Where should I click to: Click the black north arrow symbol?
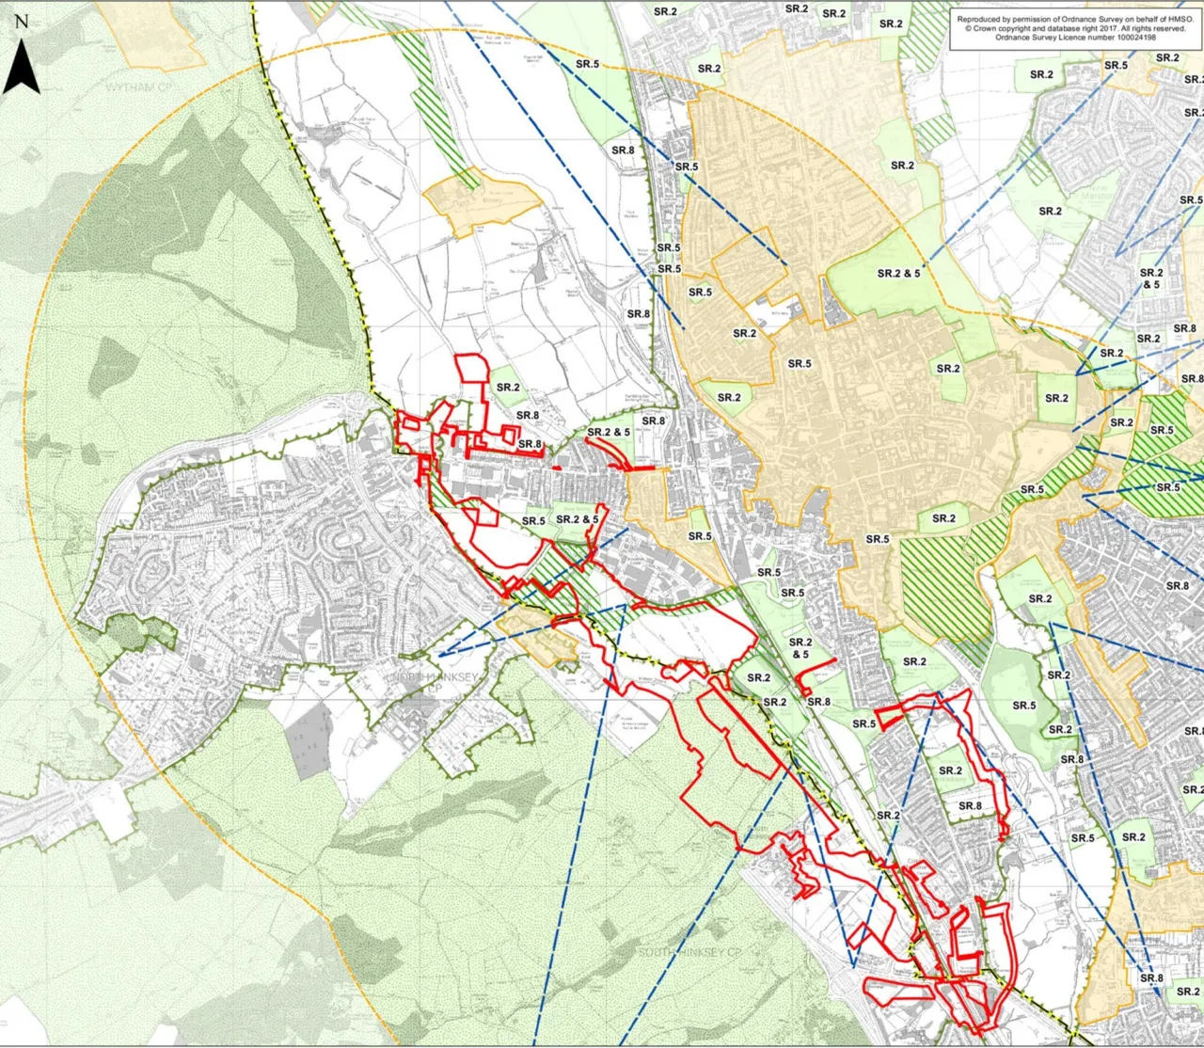(22, 68)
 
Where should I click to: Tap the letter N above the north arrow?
(22, 22)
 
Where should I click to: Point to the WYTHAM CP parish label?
(139, 87)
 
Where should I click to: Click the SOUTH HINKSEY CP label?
(689, 952)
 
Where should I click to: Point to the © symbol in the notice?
(968, 28)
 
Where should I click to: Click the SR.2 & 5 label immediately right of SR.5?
(577, 519)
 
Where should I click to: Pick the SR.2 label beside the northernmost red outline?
(508, 387)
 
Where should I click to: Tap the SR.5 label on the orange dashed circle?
(587, 64)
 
